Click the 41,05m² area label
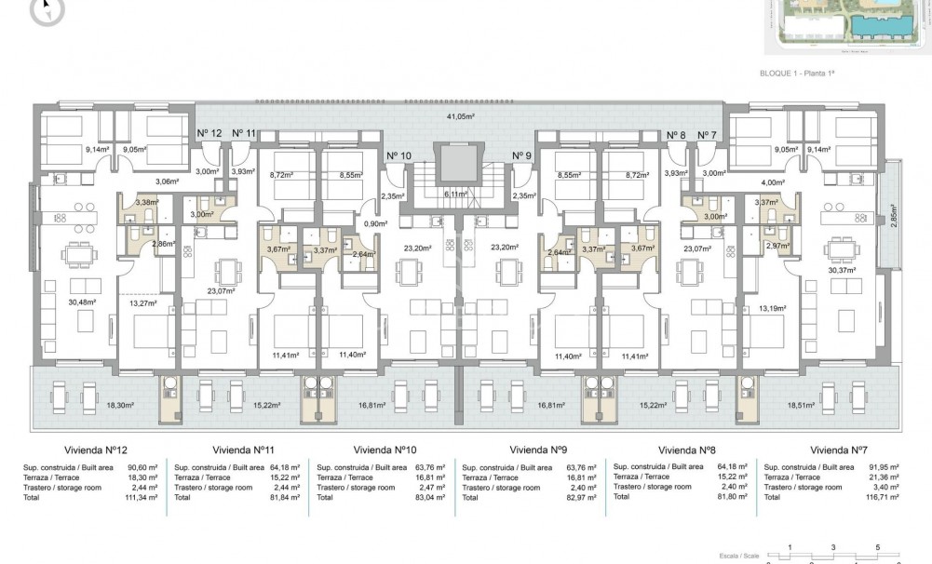[460, 116]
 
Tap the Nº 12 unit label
[209, 134]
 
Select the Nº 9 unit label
[521, 155]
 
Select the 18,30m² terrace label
[120, 406]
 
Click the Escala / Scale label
[741, 555]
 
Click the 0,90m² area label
[376, 223]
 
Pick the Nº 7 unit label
[707, 134]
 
